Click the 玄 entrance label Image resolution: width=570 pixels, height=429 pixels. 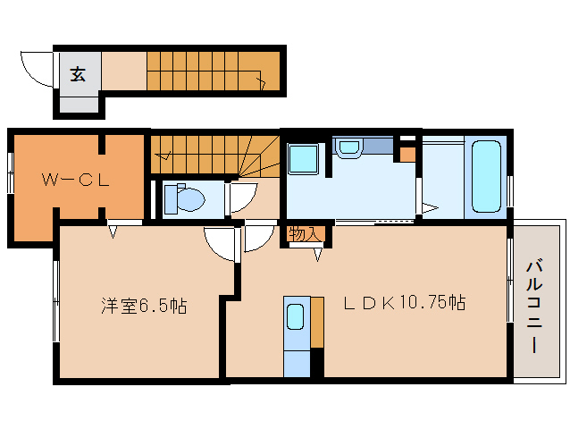point(78,74)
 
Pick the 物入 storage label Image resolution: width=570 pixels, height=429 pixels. point(304,234)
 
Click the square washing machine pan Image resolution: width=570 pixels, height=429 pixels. point(304,159)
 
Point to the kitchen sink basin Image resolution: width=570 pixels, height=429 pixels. point(296,317)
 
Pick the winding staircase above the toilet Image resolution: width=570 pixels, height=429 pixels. point(214,154)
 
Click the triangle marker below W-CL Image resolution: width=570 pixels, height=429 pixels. point(113,231)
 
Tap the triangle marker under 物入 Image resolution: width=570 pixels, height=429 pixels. point(317,256)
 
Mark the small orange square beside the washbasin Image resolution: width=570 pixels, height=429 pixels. point(407,155)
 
